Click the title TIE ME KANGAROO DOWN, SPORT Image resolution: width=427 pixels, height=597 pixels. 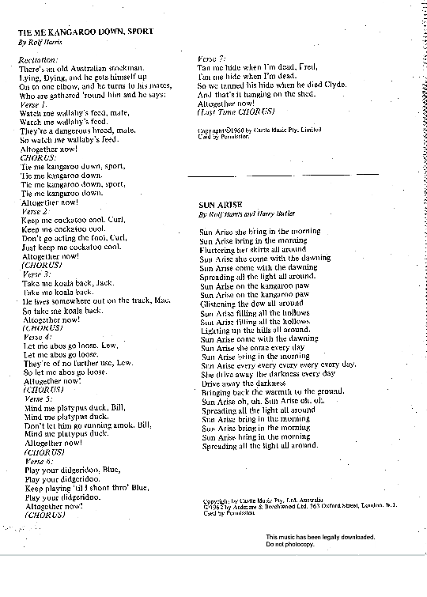click(85, 32)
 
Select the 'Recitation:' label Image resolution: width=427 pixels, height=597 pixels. click(39, 59)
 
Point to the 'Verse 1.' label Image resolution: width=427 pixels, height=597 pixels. click(34, 104)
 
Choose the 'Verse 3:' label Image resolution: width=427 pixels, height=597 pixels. click(36, 274)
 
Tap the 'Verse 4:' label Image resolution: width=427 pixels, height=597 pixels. click(36, 337)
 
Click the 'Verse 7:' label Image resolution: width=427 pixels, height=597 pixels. click(213, 59)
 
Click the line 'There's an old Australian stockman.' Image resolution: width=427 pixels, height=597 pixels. click(81, 69)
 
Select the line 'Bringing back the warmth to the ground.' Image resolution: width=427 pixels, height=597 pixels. click(273, 392)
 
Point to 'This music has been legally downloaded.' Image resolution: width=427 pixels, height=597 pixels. click(320, 538)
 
